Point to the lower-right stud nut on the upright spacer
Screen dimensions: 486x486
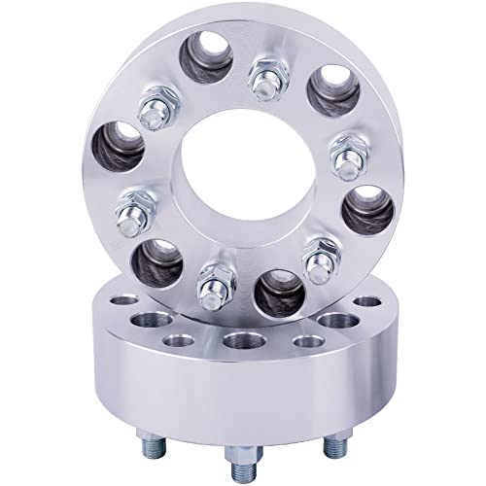316,258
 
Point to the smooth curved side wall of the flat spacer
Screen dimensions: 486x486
243,403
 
